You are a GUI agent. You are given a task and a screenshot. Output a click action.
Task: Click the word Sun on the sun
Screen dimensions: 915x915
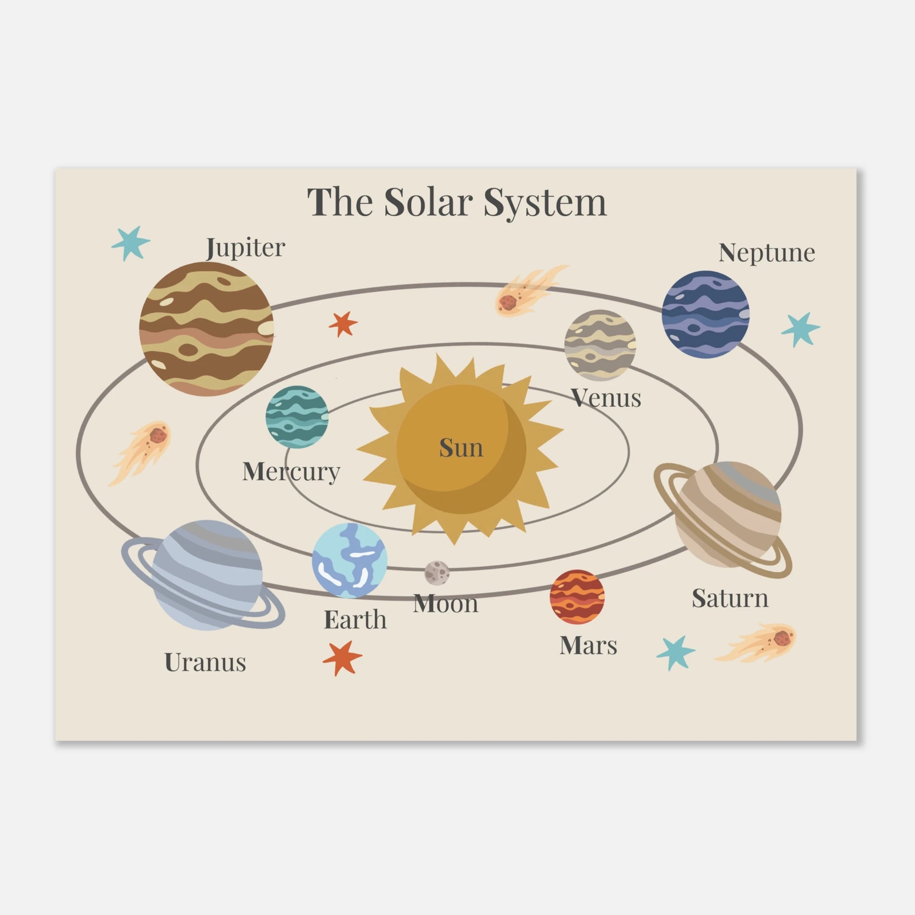(461, 448)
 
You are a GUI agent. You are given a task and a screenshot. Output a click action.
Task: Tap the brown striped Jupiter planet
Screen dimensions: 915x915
(206, 329)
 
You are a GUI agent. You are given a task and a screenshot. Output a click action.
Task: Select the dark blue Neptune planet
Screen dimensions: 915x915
(705, 314)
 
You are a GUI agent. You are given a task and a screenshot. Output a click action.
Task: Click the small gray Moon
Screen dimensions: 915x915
(437, 573)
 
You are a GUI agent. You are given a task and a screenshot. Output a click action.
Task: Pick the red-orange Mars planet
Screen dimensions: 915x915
(577, 597)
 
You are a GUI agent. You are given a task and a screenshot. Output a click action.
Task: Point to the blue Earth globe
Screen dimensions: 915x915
(349, 560)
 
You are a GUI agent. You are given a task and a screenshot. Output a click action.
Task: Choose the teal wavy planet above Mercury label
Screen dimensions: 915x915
(297, 417)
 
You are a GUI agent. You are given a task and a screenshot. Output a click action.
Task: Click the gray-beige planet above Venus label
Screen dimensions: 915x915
(600, 345)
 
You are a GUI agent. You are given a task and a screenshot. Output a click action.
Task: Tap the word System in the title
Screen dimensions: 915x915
(545, 203)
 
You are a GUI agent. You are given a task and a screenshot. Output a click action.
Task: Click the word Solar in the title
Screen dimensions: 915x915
(428, 202)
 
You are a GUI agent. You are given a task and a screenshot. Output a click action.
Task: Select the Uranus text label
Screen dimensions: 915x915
(205, 662)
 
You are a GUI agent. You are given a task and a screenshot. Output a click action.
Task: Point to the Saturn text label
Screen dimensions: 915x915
(730, 598)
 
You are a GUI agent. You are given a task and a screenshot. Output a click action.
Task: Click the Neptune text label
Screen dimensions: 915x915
(767, 253)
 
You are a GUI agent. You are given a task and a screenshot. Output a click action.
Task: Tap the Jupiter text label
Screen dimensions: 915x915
(246, 248)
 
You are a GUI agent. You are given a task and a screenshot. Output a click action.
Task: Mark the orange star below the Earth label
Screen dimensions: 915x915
(342, 658)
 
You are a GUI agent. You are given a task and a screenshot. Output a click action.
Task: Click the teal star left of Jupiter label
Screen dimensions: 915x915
(130, 243)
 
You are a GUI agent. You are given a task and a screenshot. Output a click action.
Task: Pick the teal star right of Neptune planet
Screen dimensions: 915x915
(800, 330)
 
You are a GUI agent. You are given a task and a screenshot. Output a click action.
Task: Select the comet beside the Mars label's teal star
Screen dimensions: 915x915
(756, 642)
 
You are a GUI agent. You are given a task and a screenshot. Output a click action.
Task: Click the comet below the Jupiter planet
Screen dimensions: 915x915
(140, 452)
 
